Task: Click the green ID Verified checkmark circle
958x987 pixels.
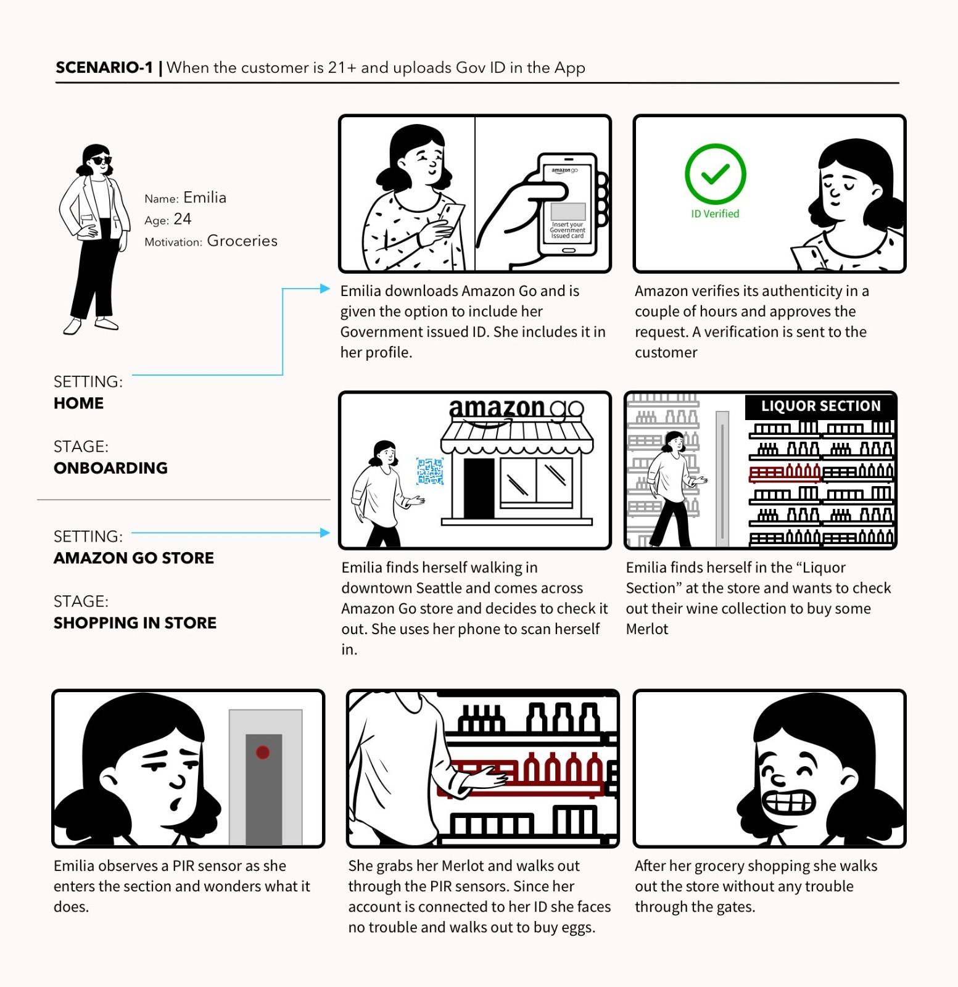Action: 715,175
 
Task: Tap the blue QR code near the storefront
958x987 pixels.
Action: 430,471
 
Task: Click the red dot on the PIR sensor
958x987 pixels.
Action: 263,752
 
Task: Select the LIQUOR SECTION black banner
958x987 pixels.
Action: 820,406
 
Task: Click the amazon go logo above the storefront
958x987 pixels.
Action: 516,409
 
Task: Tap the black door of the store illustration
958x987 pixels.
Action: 479,487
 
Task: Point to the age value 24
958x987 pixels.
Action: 183,219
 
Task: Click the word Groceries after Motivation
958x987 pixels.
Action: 242,241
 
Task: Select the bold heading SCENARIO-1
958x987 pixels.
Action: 104,67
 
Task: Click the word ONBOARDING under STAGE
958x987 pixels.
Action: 110,468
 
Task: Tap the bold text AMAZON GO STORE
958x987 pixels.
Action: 134,558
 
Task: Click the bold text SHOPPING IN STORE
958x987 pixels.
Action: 135,622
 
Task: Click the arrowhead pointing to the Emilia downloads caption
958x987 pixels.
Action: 325,288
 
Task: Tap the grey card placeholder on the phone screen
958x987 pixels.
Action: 568,211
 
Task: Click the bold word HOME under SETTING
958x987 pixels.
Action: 78,403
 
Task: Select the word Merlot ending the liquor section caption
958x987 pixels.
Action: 647,629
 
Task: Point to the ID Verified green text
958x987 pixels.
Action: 715,213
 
